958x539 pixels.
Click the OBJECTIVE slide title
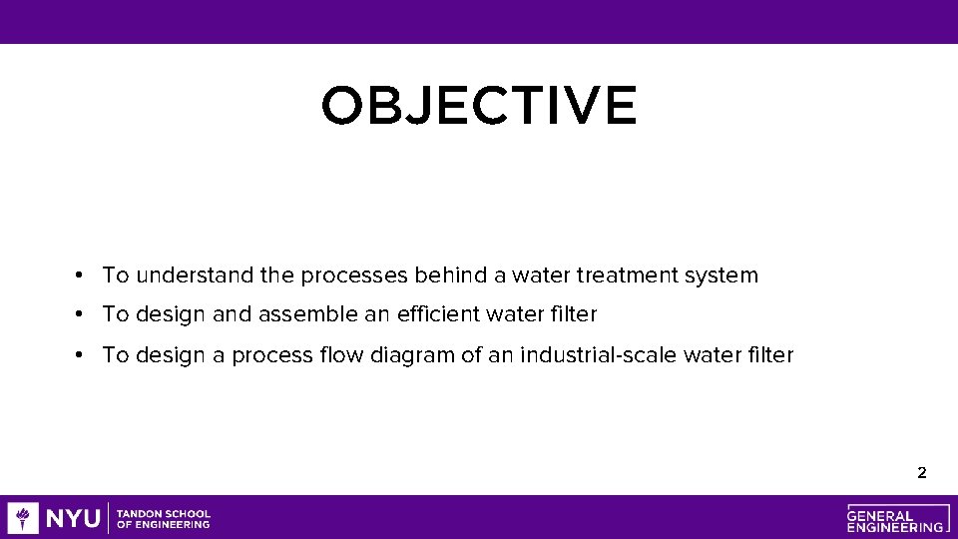click(x=479, y=106)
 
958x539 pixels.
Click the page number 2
click(x=921, y=473)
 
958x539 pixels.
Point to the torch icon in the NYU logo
click(x=23, y=518)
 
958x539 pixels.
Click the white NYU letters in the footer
click(x=73, y=518)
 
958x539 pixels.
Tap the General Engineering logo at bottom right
click(x=895, y=518)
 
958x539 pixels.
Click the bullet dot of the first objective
click(x=78, y=275)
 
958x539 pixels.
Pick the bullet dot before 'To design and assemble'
click(x=78, y=315)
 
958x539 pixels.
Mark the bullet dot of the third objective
click(x=78, y=355)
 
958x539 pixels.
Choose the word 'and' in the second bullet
click(x=233, y=314)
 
